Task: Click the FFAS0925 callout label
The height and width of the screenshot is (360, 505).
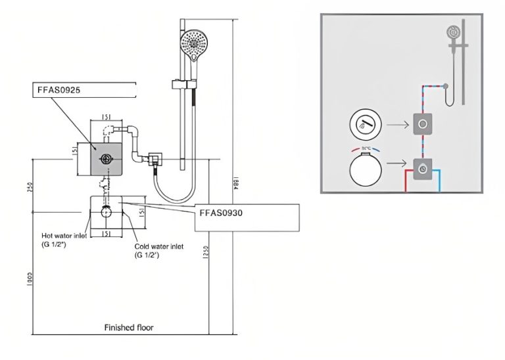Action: [x=59, y=89]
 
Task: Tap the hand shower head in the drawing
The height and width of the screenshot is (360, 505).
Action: [x=193, y=45]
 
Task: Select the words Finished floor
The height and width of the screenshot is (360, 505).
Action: [x=129, y=326]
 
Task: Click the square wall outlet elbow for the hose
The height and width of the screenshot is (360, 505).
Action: [x=155, y=159]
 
